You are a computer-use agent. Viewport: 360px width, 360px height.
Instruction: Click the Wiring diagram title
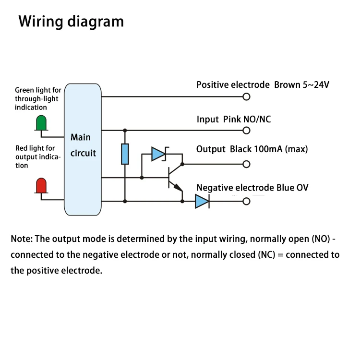(x=71, y=22)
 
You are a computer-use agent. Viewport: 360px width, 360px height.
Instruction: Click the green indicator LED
(x=41, y=123)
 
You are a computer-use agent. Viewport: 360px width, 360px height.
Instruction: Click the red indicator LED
(x=41, y=185)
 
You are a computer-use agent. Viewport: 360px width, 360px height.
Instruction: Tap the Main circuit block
(x=83, y=149)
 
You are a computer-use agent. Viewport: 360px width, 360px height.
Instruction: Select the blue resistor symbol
(x=125, y=154)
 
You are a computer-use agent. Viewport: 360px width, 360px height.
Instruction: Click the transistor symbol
(x=174, y=179)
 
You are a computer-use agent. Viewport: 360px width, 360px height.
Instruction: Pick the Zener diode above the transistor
(x=158, y=154)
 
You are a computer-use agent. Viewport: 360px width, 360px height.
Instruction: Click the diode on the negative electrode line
(x=202, y=202)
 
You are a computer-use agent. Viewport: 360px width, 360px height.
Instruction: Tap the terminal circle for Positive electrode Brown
(x=247, y=96)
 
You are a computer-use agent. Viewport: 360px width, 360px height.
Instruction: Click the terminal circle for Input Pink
(x=247, y=130)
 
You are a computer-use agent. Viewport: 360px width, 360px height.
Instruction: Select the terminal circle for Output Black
(x=247, y=164)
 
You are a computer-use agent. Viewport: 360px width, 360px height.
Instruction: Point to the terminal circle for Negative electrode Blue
(x=247, y=202)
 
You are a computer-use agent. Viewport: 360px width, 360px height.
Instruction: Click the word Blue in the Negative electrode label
(x=286, y=188)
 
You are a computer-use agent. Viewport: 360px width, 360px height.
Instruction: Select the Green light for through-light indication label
(x=38, y=98)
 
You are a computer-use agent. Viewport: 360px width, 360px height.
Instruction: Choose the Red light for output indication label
(x=38, y=157)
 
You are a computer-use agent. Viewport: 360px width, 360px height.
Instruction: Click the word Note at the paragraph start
(x=21, y=239)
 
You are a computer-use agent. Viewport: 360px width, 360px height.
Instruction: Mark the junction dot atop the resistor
(x=125, y=130)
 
